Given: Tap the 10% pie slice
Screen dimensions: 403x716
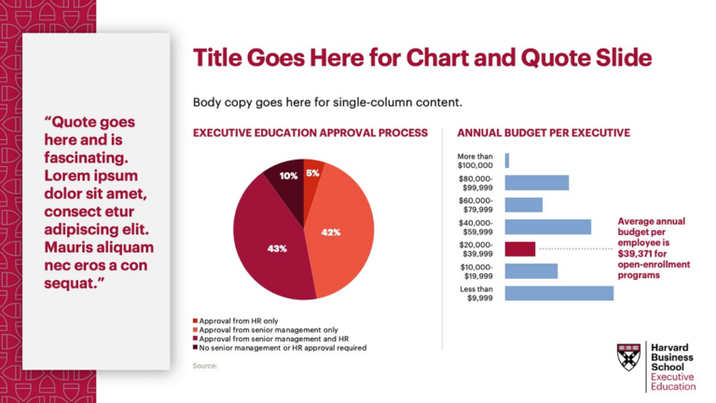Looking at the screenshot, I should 287,177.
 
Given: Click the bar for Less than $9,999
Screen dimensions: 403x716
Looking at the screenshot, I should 558,293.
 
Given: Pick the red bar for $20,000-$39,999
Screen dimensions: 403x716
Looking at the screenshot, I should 520,249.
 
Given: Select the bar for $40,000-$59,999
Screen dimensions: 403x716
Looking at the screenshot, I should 547,227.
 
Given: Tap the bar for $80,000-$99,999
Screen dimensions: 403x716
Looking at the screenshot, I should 536,182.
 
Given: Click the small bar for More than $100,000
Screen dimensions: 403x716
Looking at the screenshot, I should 507,160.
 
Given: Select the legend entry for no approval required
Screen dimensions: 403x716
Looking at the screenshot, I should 279,347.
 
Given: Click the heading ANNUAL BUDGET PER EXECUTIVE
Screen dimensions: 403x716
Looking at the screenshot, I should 544,133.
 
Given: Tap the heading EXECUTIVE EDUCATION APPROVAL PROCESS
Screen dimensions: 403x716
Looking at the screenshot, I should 310,133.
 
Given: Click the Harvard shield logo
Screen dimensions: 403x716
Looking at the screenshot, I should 628,355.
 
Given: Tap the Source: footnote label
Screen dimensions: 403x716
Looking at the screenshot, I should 204,366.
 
